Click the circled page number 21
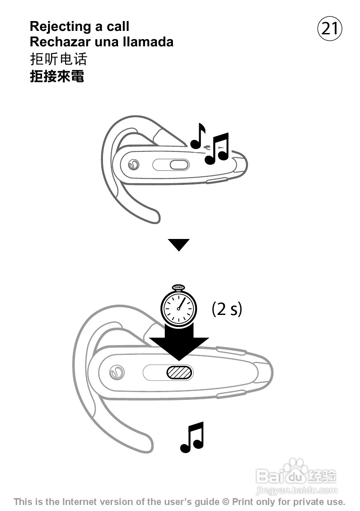point(330,29)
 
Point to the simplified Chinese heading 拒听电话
point(58,58)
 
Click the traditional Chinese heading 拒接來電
point(57,76)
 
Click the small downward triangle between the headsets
point(178,245)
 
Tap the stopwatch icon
point(178,305)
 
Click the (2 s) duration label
point(227,308)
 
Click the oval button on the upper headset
point(179,165)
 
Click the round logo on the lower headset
point(115,372)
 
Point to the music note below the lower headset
point(192,437)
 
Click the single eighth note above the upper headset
point(198,136)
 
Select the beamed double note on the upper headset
point(217,149)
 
